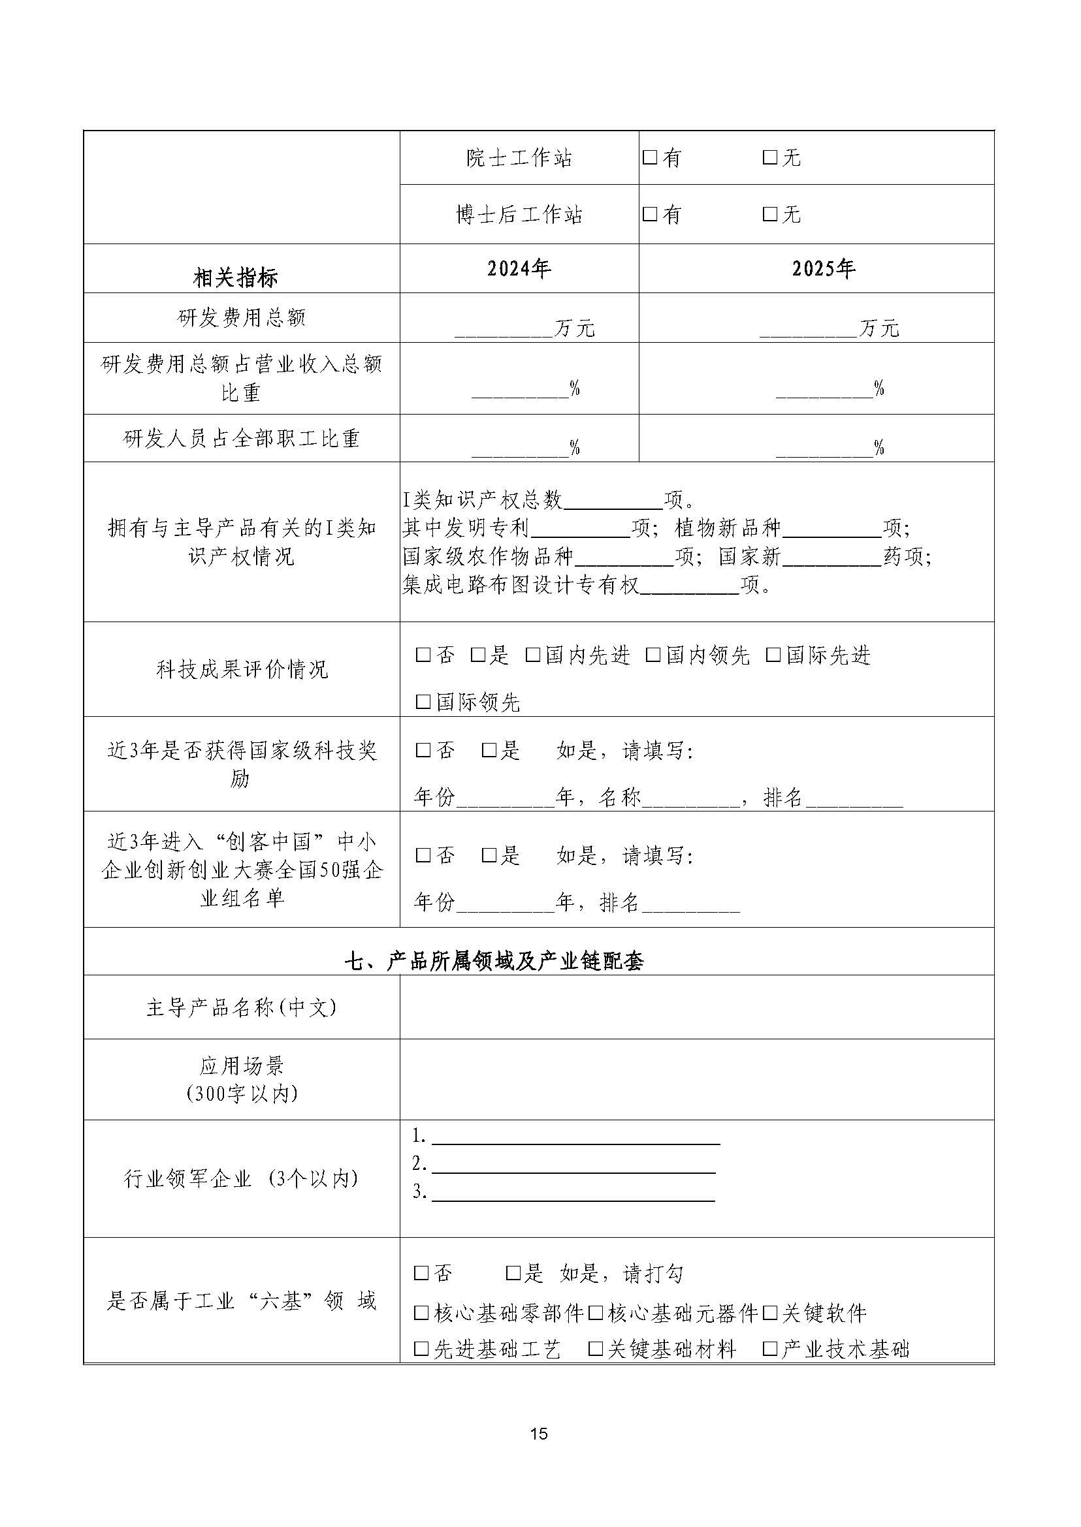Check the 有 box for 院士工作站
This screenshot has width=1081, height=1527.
[x=650, y=158]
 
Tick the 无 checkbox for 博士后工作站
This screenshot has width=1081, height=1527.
[x=770, y=214]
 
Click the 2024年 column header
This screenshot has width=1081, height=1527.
[x=519, y=269]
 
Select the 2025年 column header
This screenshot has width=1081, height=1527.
[x=824, y=269]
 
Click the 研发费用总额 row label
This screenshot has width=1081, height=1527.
[x=241, y=318]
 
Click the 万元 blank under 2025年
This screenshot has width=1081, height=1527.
[x=808, y=328]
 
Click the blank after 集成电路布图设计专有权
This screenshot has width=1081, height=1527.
[x=690, y=586]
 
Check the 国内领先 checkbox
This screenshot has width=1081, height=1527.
[x=653, y=655]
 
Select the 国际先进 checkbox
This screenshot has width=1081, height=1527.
[x=773, y=655]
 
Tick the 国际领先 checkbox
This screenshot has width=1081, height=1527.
[x=423, y=702]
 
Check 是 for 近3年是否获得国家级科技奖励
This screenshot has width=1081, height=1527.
[x=489, y=751]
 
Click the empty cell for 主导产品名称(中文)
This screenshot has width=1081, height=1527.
[x=696, y=1008]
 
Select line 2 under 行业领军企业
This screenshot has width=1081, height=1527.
[x=573, y=1165]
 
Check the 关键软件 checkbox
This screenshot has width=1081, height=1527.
[x=770, y=1313]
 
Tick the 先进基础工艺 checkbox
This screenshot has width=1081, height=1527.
[x=421, y=1349]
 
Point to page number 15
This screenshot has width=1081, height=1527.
[x=539, y=1434]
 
